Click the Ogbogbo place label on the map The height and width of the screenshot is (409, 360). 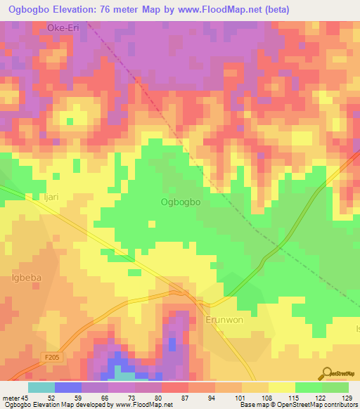pos(181,202)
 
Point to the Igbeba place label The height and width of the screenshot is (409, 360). pos(27,278)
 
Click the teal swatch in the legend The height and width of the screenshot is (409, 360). pos(41,387)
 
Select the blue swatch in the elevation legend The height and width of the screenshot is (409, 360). pos(67,387)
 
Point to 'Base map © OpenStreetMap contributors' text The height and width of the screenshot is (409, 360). pos(297,404)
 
